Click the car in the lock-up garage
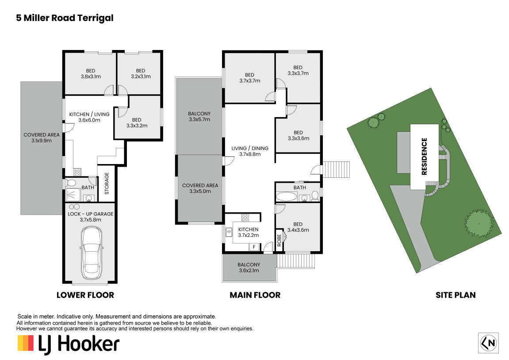tap(92, 253)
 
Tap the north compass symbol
tap(488, 343)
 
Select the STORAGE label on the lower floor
tap(107, 184)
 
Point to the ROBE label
tap(279, 240)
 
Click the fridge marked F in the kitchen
tap(254, 247)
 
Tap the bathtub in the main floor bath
tap(286, 197)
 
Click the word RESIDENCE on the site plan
tap(424, 157)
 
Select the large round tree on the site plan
tap(479, 224)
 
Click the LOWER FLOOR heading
tap(85, 295)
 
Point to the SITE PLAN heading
tap(455, 295)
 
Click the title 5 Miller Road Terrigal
tap(65, 18)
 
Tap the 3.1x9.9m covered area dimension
tap(42, 141)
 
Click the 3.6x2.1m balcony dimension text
tap(249, 270)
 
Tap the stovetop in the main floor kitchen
tap(245, 218)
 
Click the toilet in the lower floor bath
tap(71, 183)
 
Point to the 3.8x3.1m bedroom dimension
tap(91, 77)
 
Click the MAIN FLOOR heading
tap(255, 295)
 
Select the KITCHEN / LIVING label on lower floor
tap(89, 114)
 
